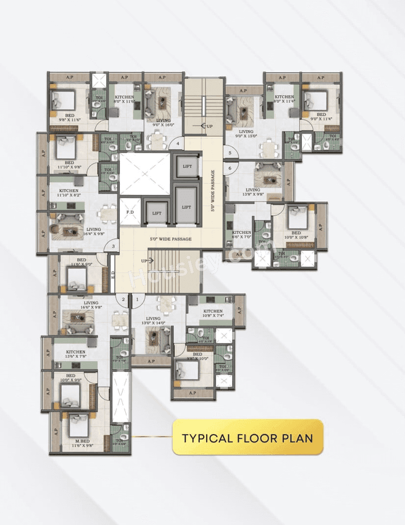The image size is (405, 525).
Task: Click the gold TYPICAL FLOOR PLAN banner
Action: coord(247,437)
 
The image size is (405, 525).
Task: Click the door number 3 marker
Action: coord(113,247)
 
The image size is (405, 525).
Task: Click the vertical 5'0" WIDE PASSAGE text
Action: coord(213,191)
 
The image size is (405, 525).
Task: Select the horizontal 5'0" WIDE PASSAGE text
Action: coord(170,239)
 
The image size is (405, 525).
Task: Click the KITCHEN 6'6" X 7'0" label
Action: coord(242,235)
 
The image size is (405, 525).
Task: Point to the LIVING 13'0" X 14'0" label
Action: coord(153,321)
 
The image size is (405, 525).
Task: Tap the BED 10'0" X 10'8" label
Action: coord(296,236)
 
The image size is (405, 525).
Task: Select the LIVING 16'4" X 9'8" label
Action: coord(93,232)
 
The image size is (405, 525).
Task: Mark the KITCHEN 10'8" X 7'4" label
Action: coord(213,313)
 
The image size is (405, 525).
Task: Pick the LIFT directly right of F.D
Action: coord(156,214)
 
